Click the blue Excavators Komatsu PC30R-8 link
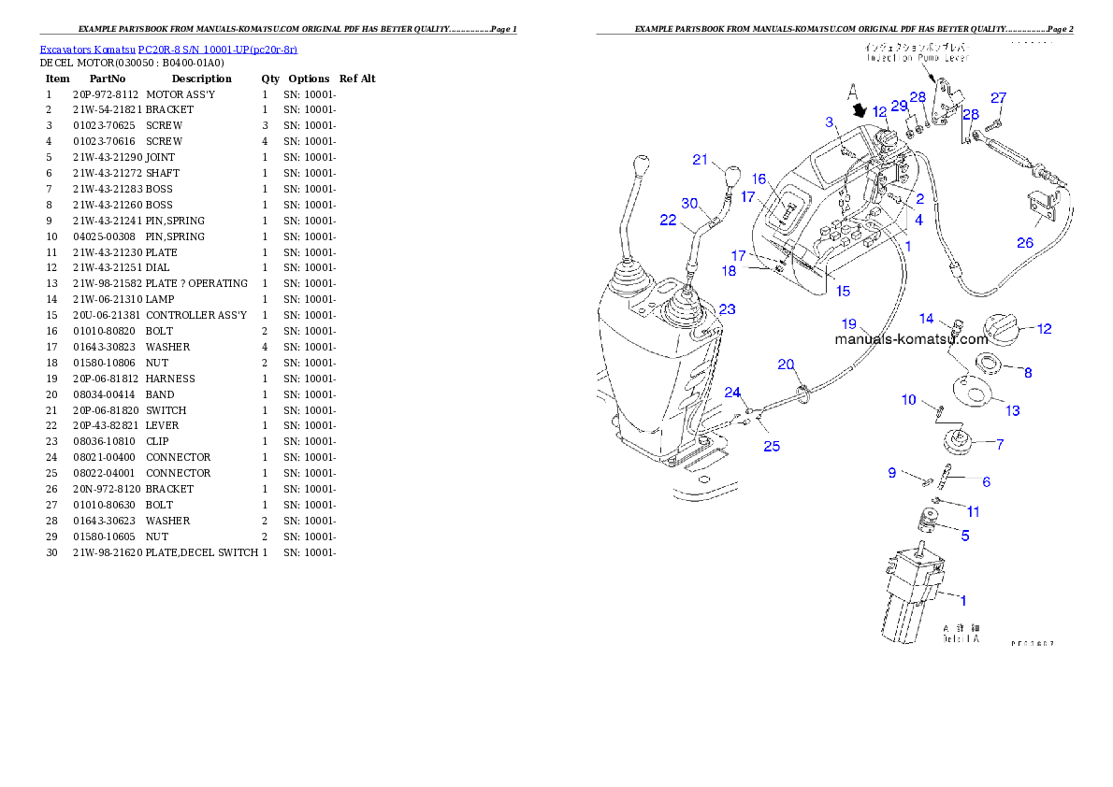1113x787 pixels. (x=168, y=50)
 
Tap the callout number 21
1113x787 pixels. (x=701, y=160)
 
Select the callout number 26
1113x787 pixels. (x=1026, y=244)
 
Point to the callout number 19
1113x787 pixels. (x=848, y=323)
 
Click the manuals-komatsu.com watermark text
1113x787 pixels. (x=911, y=340)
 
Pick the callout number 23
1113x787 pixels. (x=727, y=309)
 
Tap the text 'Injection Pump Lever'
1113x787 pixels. (x=917, y=57)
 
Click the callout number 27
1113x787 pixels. (x=998, y=98)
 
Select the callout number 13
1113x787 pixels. (x=1012, y=410)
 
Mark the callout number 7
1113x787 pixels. (x=1000, y=445)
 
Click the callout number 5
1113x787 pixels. (x=965, y=537)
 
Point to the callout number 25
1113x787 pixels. (x=771, y=446)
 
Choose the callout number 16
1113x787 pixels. (x=759, y=179)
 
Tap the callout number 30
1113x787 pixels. (x=689, y=203)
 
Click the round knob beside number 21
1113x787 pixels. (x=732, y=175)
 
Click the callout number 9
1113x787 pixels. (x=891, y=473)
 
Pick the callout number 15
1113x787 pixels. (x=843, y=291)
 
